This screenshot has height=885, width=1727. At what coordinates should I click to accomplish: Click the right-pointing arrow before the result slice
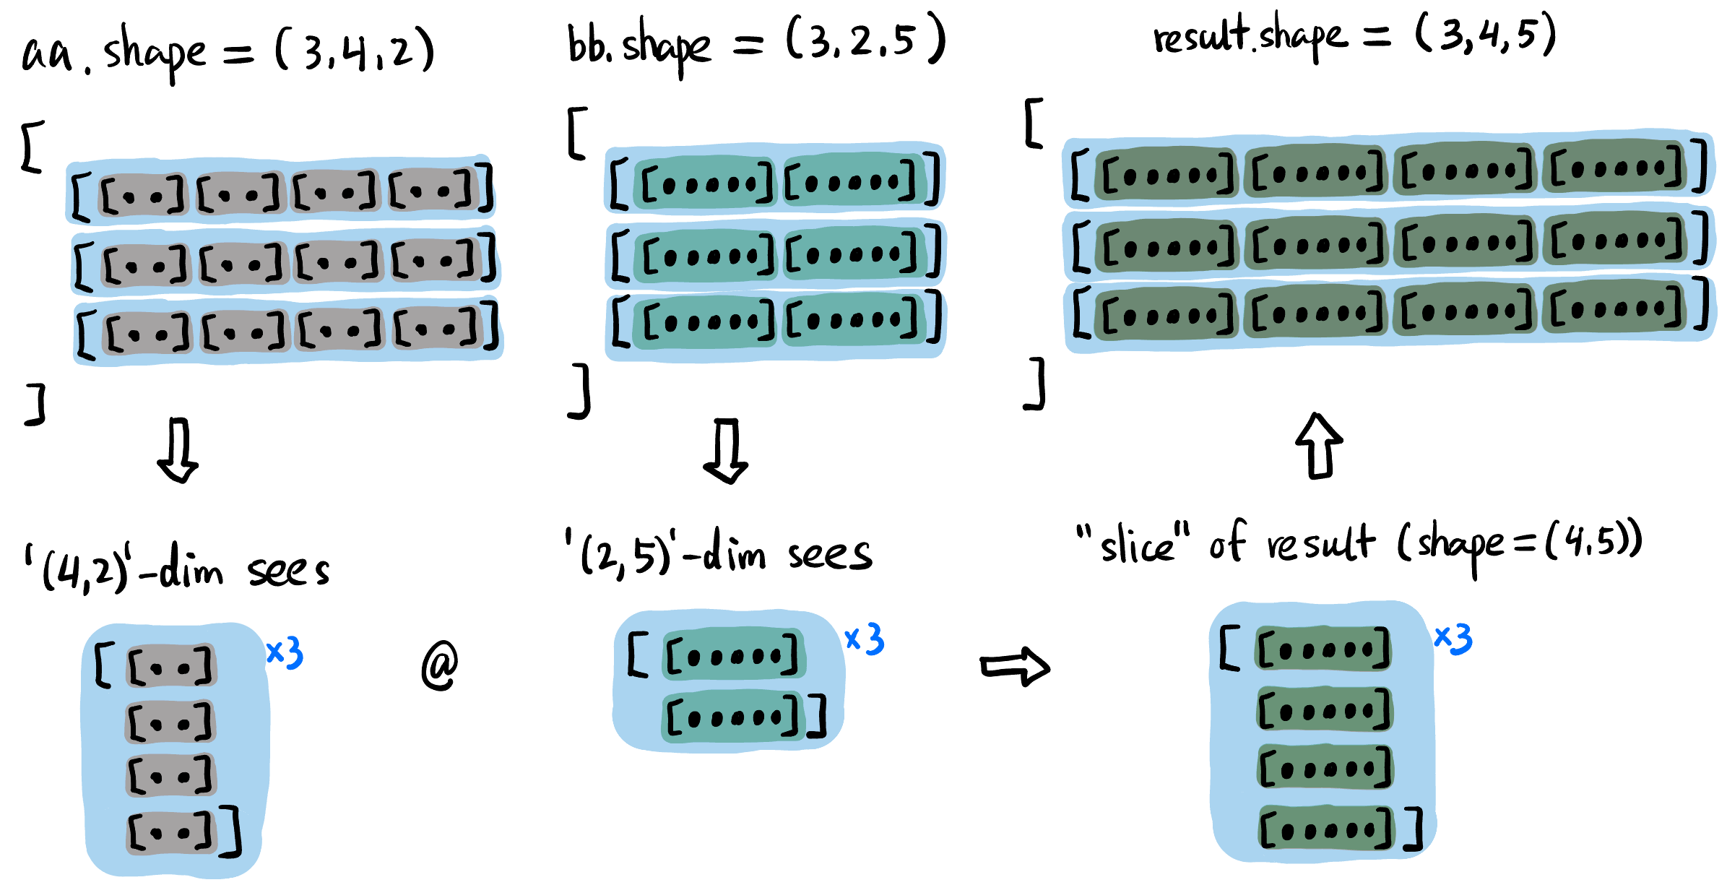point(1014,667)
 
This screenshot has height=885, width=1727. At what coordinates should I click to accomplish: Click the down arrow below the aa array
point(178,450)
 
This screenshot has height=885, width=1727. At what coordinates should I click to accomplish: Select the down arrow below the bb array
point(726,451)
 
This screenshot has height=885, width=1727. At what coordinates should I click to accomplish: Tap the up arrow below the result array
point(1319,446)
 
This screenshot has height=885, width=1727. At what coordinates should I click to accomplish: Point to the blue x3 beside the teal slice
point(865,639)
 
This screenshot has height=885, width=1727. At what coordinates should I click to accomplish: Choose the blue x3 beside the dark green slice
point(1453,639)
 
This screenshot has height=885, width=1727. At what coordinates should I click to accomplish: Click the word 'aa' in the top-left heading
point(47,53)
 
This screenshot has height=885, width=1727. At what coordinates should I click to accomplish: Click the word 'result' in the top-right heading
point(1200,36)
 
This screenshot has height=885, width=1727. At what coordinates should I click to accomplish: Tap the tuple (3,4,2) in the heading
point(355,51)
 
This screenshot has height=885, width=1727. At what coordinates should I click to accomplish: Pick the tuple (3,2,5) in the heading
point(865,40)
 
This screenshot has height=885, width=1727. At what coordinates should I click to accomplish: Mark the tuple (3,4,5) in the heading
point(1485,35)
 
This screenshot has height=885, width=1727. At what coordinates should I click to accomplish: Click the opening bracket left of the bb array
point(577,133)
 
